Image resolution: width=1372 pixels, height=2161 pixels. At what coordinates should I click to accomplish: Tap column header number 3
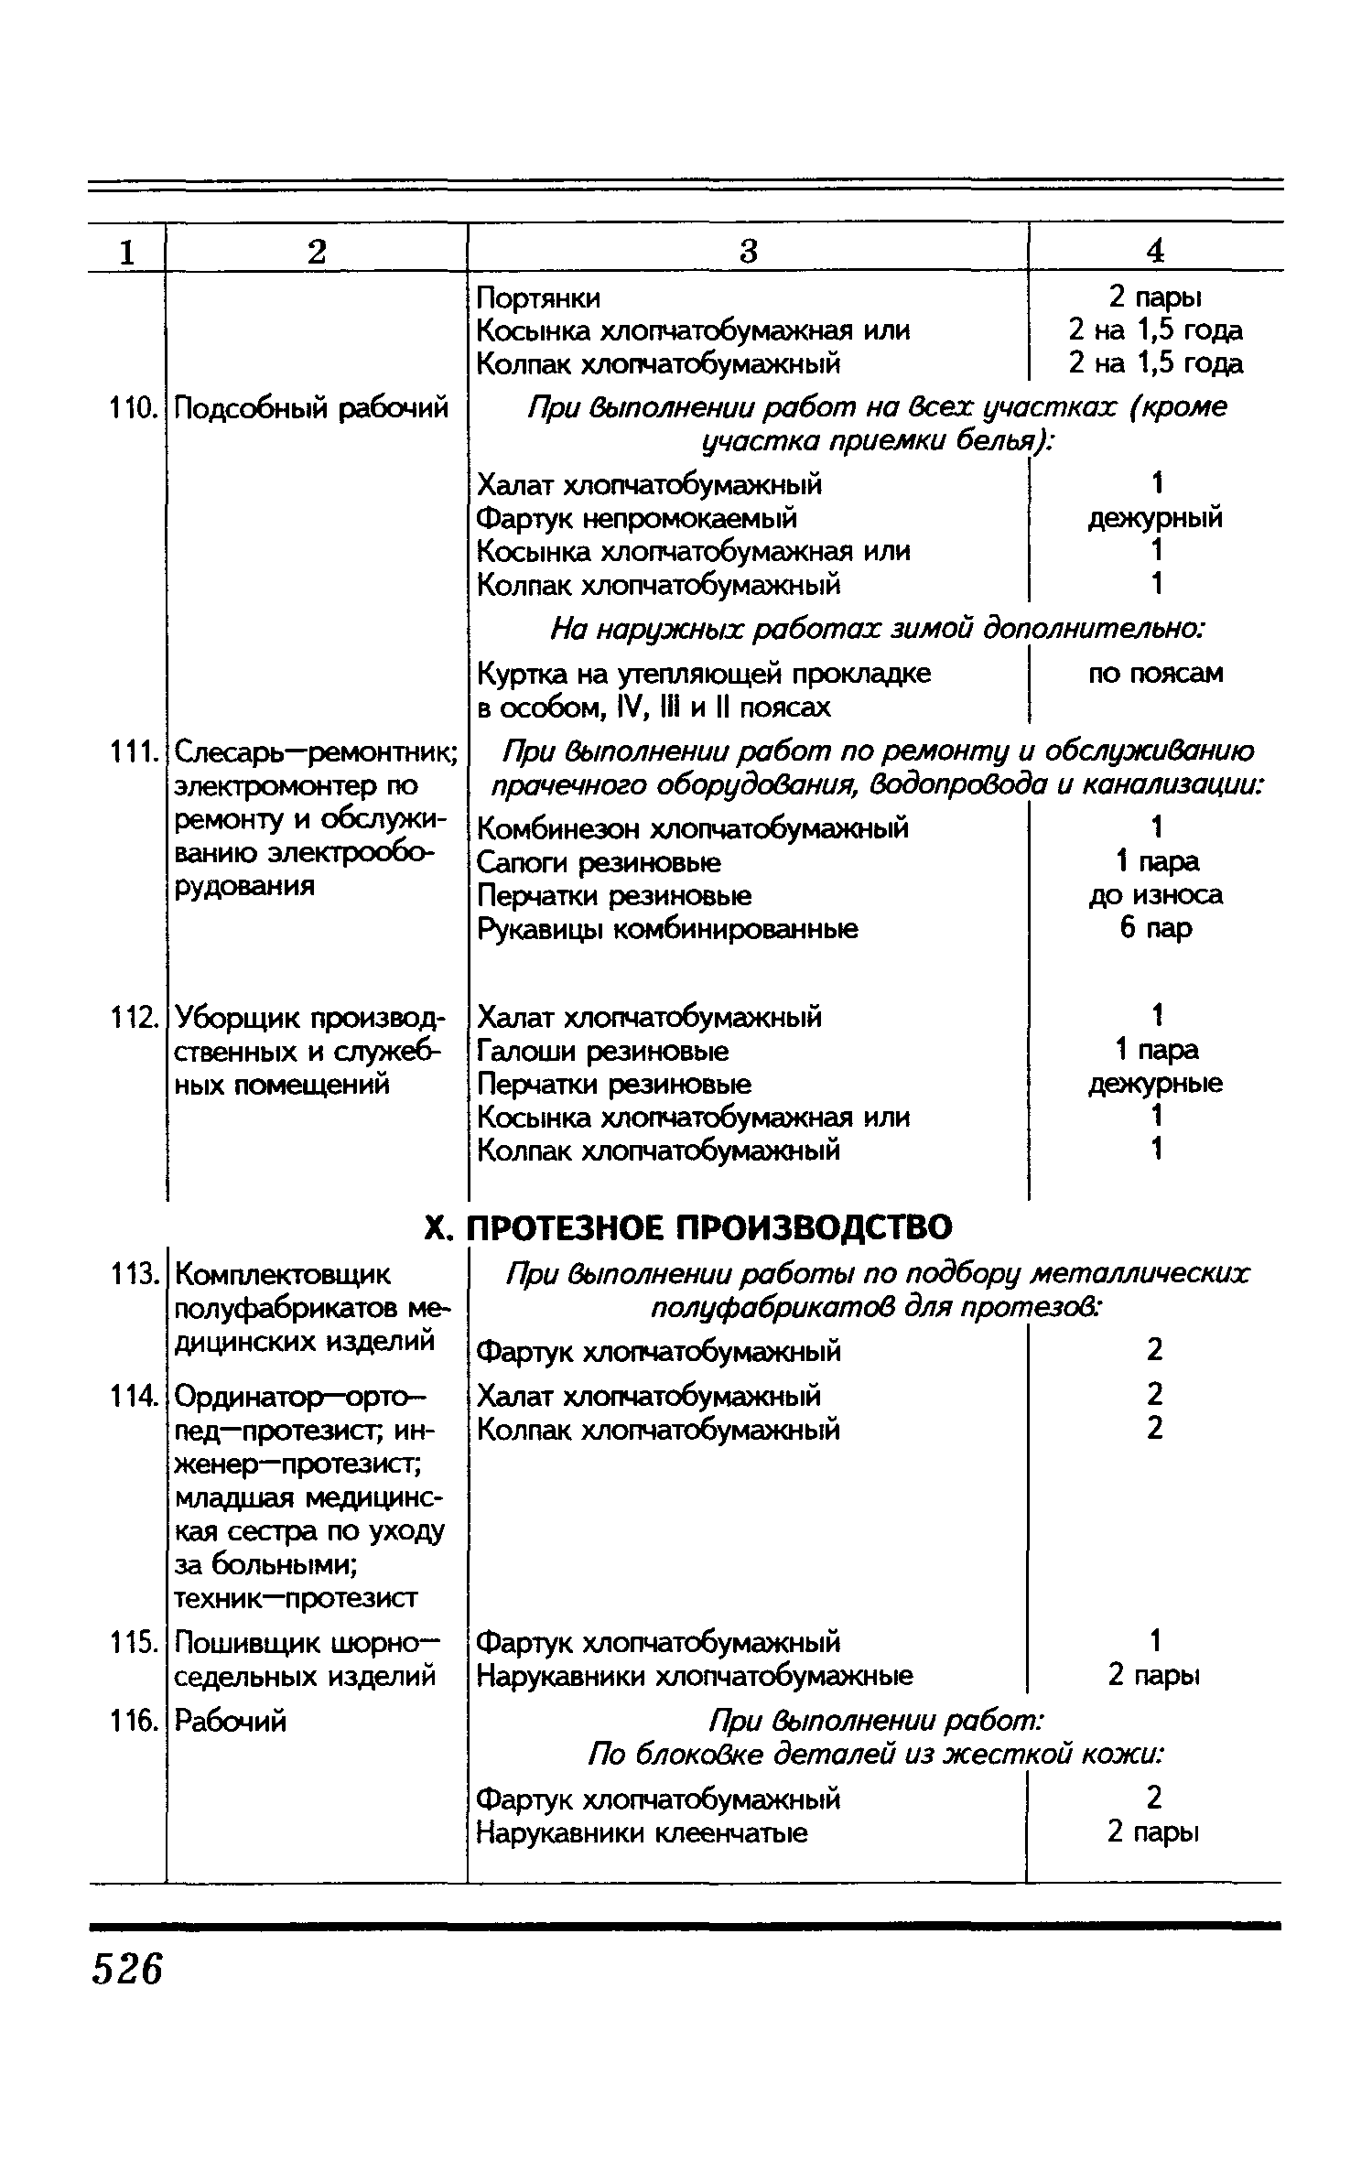pos(749,251)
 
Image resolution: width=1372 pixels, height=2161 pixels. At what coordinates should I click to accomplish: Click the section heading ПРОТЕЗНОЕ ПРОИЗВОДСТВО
pos(709,1226)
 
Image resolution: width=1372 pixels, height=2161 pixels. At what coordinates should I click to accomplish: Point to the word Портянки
pos(539,298)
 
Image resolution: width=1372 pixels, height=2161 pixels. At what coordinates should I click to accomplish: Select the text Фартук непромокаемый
pos(637,519)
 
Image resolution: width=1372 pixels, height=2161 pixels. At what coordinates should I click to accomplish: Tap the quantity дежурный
pos(1155,519)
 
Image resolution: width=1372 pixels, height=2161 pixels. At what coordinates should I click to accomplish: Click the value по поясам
pos(1155,674)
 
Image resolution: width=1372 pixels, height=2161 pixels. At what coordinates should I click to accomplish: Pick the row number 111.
pos(128,753)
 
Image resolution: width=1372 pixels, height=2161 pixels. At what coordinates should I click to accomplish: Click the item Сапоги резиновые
pos(599,862)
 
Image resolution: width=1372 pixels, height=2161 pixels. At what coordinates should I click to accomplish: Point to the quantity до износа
pos(1155,895)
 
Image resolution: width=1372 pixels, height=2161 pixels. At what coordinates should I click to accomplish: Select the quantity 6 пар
pos(1155,929)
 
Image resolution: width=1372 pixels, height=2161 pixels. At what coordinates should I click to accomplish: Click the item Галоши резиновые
pos(603,1051)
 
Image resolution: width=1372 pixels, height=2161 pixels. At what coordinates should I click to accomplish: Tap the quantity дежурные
pos(1155,1085)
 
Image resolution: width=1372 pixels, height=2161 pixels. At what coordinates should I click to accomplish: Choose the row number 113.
pos(128,1274)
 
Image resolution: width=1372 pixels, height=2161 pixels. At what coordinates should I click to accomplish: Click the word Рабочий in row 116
pos(231,1723)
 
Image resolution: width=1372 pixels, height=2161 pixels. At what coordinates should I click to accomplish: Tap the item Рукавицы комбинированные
pos(668,930)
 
